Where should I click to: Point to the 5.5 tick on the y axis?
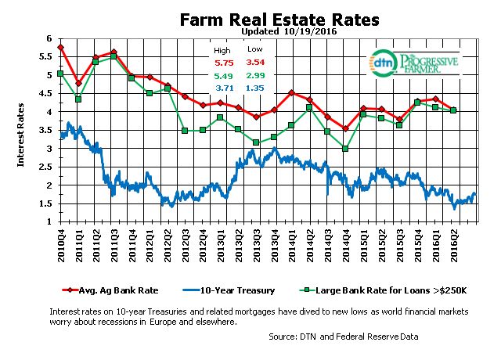46,56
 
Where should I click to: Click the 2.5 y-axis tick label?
46,167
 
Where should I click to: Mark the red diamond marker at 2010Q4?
61,48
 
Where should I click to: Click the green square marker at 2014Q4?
345,149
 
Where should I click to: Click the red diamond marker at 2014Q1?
291,93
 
